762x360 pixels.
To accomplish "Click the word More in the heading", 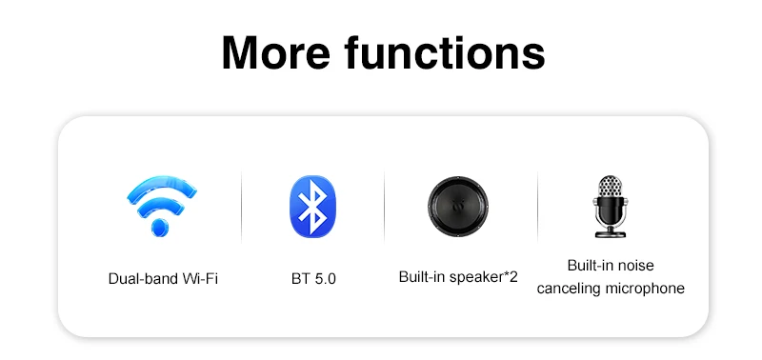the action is click(275, 53).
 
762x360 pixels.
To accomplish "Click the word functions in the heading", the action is click(445, 53).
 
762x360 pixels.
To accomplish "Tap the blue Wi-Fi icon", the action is click(161, 206).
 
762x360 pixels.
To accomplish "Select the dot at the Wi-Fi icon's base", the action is click(160, 227).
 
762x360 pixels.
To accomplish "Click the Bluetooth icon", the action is click(312, 206).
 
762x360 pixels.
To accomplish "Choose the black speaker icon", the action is click(458, 206).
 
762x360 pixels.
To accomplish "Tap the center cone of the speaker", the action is click(458, 206).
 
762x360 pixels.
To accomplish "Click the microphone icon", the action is click(610, 207).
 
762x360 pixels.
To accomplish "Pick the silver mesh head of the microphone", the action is click(610, 187).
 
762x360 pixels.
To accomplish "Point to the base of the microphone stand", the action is click(611, 234).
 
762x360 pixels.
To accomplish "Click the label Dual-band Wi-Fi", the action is click(163, 279).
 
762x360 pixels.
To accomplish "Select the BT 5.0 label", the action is click(313, 279).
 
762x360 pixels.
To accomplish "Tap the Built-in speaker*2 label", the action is click(458, 277).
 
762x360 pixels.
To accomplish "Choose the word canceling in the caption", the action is click(569, 289).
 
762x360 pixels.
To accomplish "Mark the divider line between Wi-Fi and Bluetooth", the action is click(242, 207).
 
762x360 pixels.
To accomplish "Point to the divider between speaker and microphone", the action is click(537, 207).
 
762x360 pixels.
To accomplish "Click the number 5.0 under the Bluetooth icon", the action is click(325, 279).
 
